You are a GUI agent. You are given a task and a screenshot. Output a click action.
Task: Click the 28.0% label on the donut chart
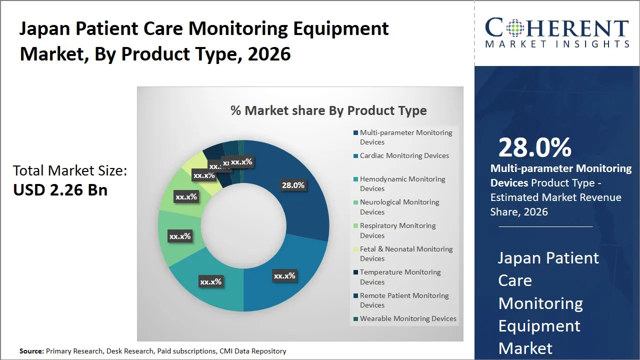(293, 185)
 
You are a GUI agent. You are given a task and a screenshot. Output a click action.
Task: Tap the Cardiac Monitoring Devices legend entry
(404, 155)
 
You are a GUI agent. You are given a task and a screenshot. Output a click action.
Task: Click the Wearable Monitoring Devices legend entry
(408, 318)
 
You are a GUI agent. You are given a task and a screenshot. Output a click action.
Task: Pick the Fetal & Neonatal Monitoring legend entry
(406, 253)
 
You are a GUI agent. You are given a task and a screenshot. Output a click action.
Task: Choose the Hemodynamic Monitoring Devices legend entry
(402, 183)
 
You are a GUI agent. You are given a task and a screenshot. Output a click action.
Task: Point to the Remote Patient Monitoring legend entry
(404, 300)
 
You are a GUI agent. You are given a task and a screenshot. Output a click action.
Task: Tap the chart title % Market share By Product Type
(328, 110)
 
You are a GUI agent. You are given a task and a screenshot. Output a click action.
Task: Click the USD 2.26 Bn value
(60, 190)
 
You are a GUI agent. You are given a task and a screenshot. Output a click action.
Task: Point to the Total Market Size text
(70, 171)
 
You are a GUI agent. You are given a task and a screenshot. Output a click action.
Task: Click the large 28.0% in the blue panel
(534, 147)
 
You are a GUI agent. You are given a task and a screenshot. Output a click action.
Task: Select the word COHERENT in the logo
(557, 28)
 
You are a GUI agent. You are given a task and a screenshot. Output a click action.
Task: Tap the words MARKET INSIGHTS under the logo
(557, 44)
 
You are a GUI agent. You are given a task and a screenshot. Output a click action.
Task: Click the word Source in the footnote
(31, 351)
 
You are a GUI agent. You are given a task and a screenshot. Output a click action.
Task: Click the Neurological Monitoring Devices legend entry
(399, 207)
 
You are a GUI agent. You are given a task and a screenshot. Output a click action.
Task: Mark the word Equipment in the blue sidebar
(539, 326)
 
